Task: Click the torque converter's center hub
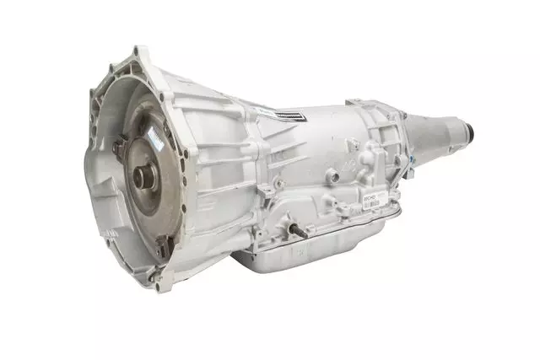143,180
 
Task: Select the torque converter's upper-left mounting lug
115,142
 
